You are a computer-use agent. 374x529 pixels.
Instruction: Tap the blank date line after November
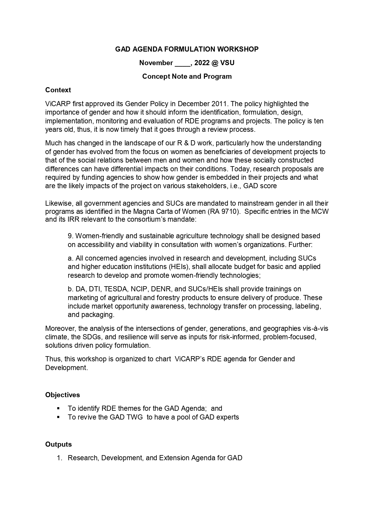click(x=182, y=63)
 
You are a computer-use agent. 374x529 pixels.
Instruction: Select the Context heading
click(x=58, y=90)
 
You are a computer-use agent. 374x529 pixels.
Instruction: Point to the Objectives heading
click(x=62, y=395)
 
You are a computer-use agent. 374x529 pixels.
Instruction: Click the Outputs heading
click(x=58, y=444)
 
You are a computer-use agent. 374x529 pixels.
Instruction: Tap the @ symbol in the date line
click(x=215, y=63)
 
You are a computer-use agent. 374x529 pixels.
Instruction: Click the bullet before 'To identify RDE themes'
click(x=58, y=408)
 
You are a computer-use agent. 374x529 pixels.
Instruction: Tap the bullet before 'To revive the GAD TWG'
click(x=58, y=417)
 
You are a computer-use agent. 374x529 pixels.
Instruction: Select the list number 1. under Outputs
click(x=59, y=458)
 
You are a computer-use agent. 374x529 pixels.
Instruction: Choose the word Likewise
click(x=58, y=203)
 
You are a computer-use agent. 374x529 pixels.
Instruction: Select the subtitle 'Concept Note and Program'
click(x=187, y=76)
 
